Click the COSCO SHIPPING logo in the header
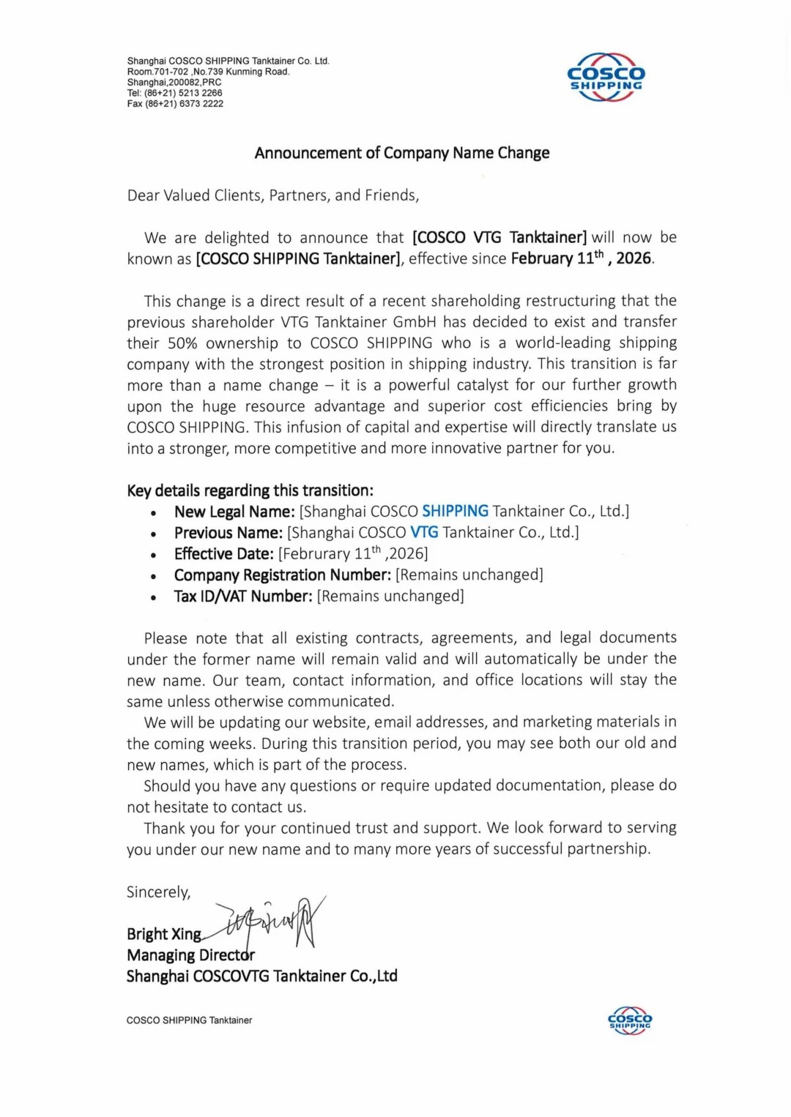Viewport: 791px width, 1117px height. click(606, 77)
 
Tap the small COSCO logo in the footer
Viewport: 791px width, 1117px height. click(629, 1020)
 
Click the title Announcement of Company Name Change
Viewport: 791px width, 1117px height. click(401, 153)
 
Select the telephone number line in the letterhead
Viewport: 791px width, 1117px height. click(174, 93)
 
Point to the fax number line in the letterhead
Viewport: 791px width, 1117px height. click(175, 104)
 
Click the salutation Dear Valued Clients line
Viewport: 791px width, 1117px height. click(272, 195)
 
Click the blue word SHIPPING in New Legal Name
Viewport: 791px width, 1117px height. click(455, 511)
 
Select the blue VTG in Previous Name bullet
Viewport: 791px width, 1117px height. click(424, 532)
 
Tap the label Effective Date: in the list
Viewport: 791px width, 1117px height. click(223, 554)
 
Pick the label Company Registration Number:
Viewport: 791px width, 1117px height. click(282, 575)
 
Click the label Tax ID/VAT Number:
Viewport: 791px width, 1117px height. click(242, 597)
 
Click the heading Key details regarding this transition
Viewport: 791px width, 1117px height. click(250, 490)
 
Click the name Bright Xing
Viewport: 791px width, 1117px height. click(163, 934)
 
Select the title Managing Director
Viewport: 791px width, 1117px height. click(190, 955)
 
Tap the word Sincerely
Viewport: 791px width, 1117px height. click(158, 892)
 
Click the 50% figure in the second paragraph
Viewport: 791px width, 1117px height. click(183, 343)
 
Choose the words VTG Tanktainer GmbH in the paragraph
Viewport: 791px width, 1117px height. click(358, 322)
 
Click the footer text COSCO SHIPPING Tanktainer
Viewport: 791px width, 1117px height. click(189, 1020)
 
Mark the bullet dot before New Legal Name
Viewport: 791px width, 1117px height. click(153, 513)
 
